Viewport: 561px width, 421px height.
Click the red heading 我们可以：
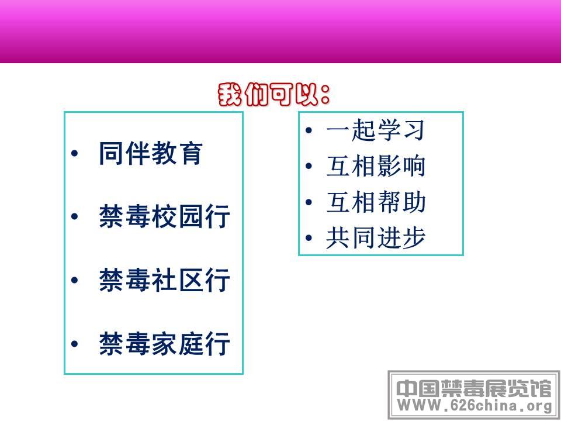click(x=273, y=95)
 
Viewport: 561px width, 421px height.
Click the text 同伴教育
click(x=151, y=153)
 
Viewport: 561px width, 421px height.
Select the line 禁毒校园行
click(x=164, y=216)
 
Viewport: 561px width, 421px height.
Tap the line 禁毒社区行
click(x=164, y=280)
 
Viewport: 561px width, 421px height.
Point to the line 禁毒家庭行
click(x=164, y=344)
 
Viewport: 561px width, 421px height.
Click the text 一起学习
click(x=376, y=130)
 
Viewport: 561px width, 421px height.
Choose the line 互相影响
click(x=376, y=166)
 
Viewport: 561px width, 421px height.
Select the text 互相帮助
click(x=376, y=202)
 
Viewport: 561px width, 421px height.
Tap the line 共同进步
click(x=376, y=238)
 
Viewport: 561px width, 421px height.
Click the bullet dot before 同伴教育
click(x=74, y=154)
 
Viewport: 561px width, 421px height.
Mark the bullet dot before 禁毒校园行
click(x=74, y=216)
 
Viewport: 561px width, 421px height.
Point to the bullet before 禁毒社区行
click(x=74, y=280)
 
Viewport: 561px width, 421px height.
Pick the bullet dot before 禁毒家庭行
click(x=74, y=344)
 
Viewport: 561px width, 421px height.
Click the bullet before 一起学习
click(x=309, y=130)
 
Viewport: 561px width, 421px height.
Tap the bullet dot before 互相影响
click(x=309, y=166)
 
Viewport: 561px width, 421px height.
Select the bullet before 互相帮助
click(x=309, y=202)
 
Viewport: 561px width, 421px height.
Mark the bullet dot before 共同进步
click(x=309, y=238)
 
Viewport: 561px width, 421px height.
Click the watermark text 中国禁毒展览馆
click(x=474, y=388)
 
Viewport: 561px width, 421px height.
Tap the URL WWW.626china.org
click(x=475, y=406)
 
